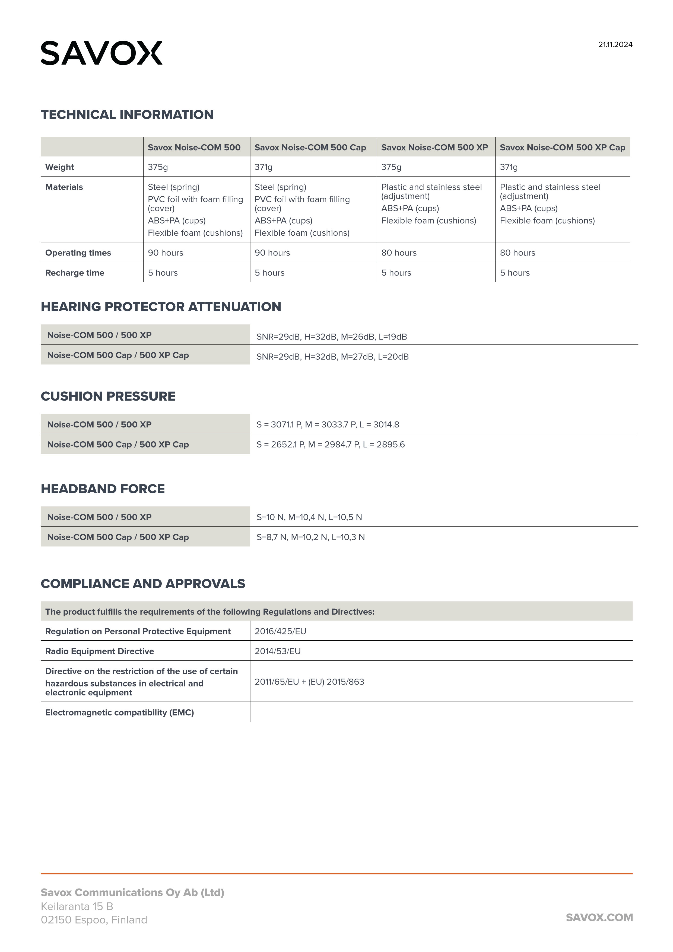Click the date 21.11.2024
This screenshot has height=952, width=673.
point(615,45)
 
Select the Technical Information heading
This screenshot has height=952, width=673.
point(127,114)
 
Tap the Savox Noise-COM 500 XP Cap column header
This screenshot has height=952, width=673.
point(562,147)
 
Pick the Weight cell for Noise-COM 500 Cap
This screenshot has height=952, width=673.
point(264,167)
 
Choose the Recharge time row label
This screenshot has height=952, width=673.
point(75,273)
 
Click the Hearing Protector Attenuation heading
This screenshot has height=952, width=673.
point(161,307)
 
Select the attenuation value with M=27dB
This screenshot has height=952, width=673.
point(332,357)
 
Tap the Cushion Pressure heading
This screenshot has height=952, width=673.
point(108,396)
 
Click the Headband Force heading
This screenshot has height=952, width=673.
point(103,489)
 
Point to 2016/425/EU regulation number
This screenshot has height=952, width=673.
point(281,631)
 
